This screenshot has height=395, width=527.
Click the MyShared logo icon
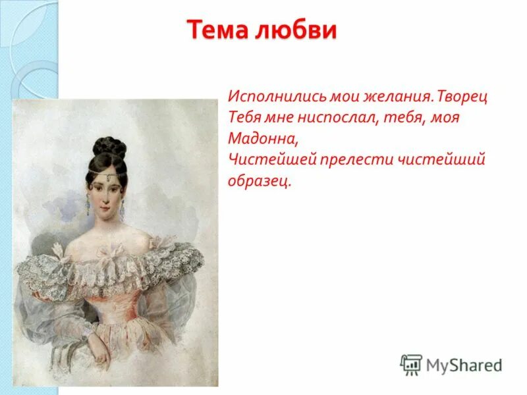point(411,365)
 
